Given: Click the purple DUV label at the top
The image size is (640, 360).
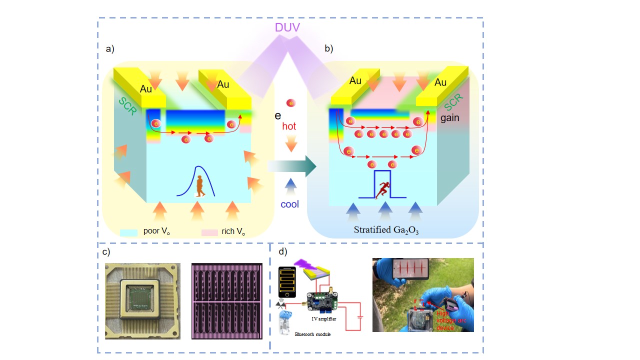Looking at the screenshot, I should (x=287, y=27).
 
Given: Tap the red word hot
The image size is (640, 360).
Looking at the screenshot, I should (x=289, y=126).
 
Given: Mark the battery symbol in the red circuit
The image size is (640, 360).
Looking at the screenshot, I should (x=360, y=316).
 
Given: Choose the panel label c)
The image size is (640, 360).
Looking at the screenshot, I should (x=106, y=252).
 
